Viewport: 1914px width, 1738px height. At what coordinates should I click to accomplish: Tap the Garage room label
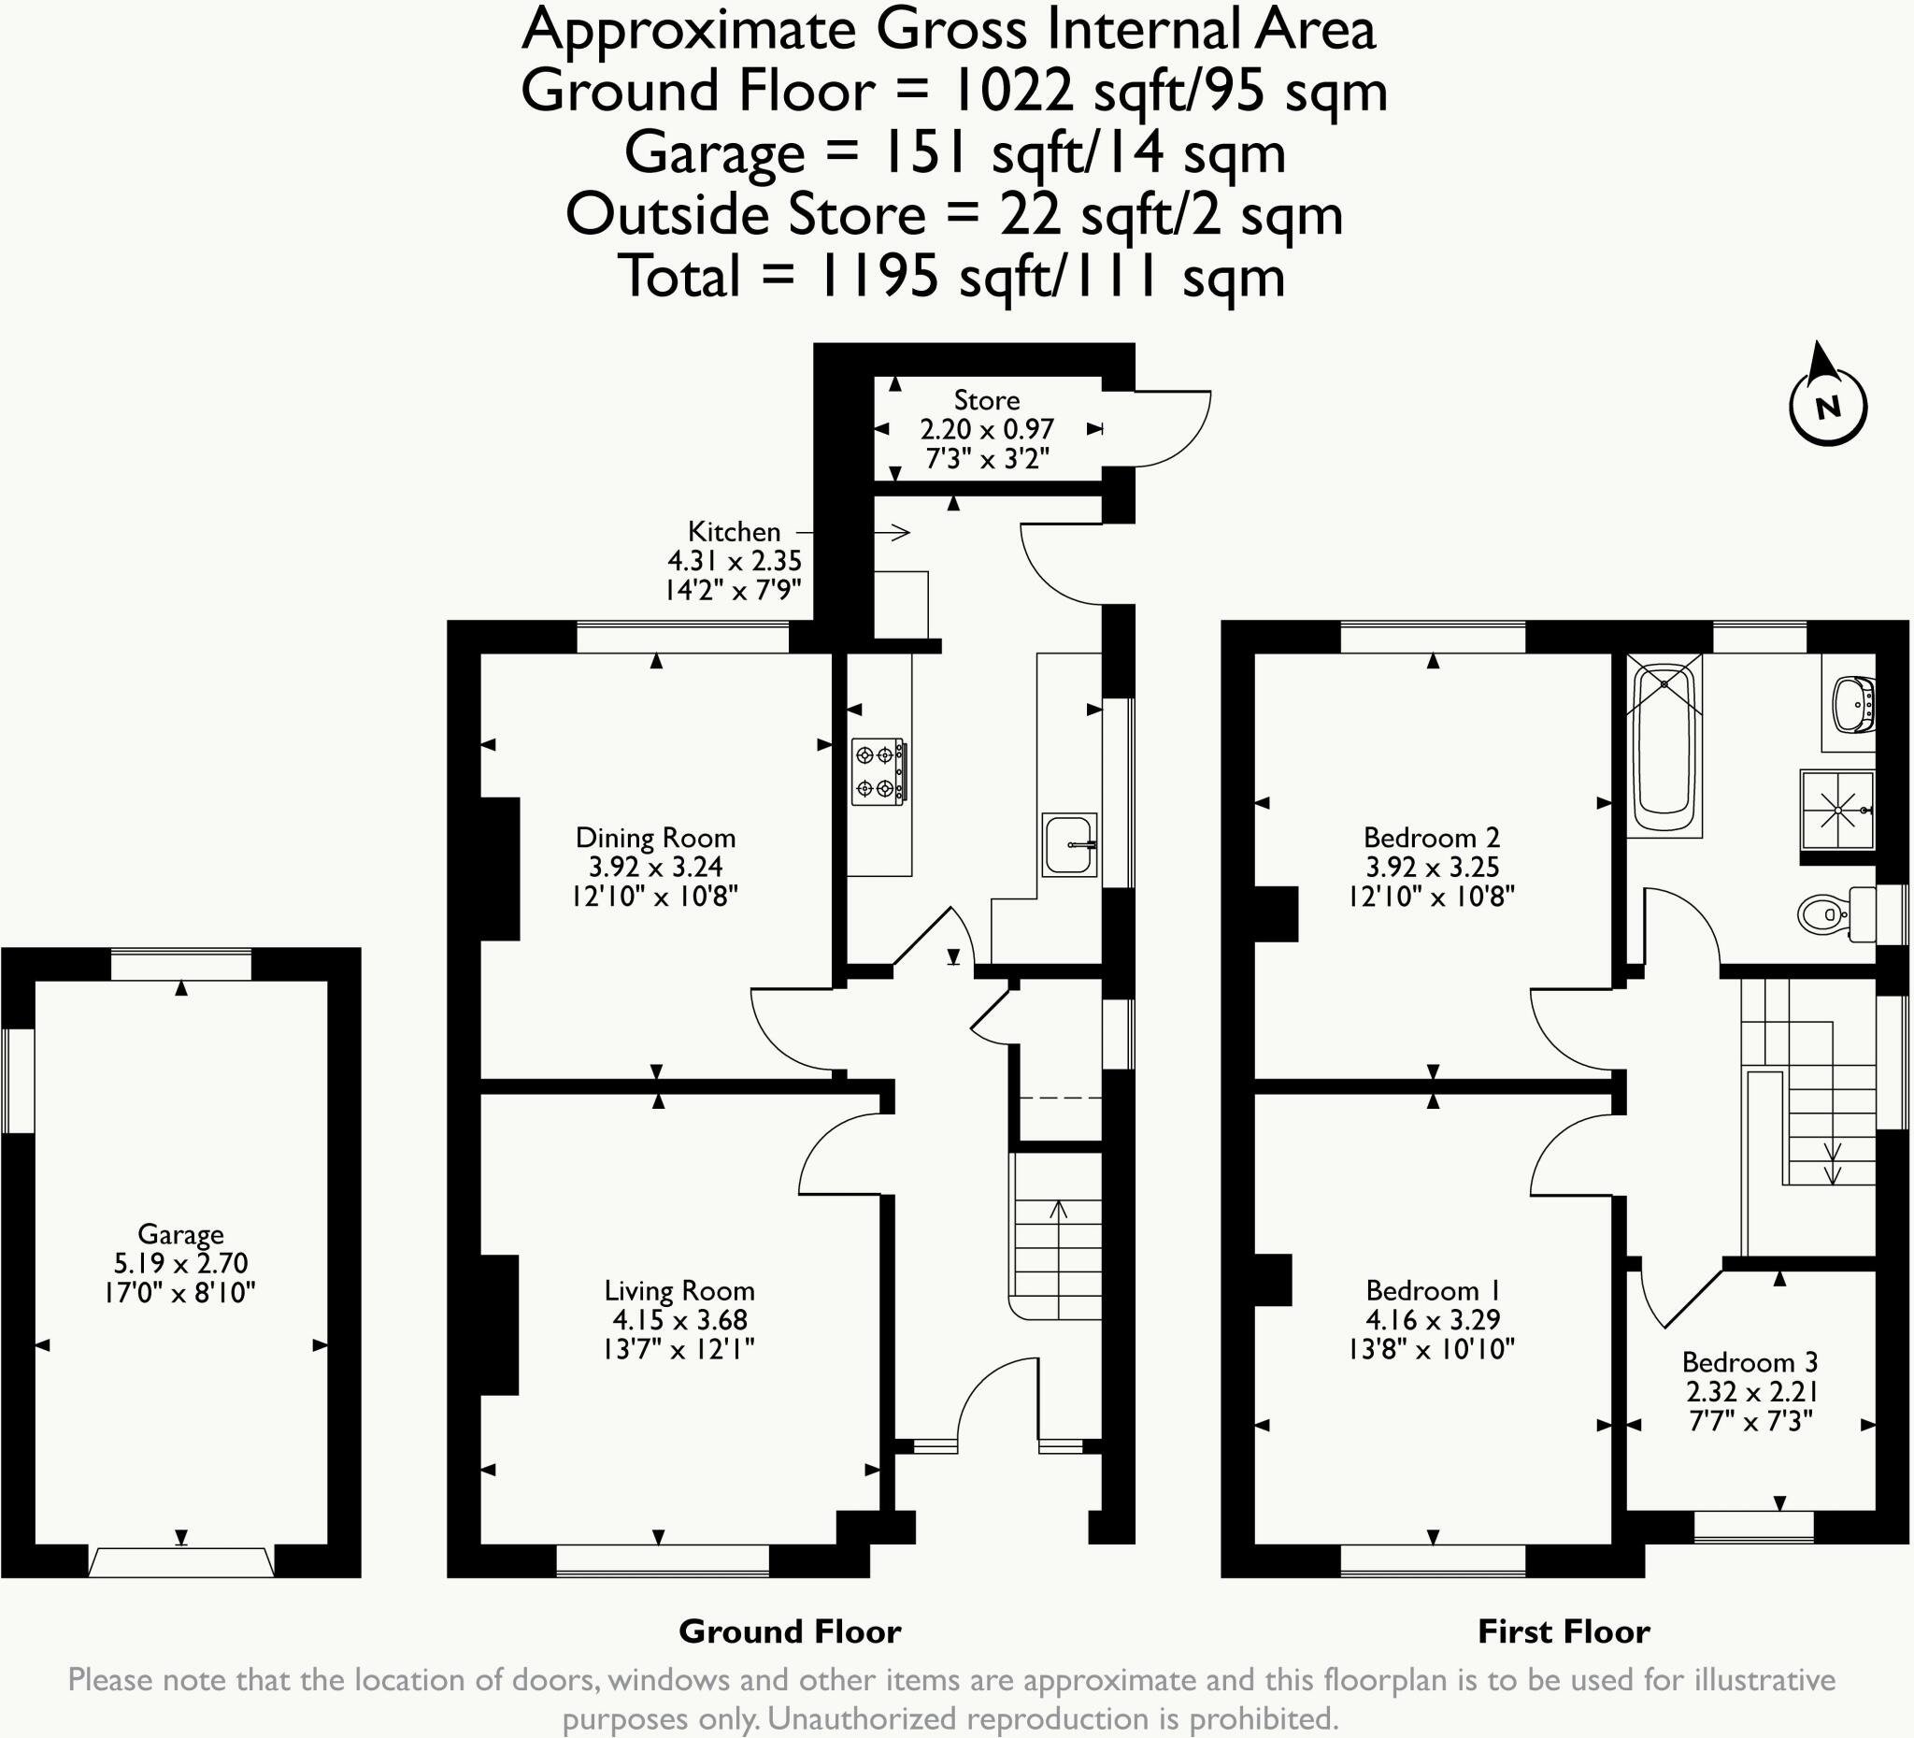coord(180,1234)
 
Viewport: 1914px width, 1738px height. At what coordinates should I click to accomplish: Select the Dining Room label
coord(655,838)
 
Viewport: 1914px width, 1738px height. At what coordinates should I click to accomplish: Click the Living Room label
coord(678,1291)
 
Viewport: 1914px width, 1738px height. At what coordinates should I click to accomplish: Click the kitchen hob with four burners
coord(878,771)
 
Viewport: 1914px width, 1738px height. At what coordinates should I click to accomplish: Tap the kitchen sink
coord(1070,844)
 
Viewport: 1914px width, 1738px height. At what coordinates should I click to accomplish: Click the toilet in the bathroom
coord(1836,914)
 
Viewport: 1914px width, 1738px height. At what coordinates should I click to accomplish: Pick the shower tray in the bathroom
coord(1838,811)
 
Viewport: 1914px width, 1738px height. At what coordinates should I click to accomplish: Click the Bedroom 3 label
coord(1750,1362)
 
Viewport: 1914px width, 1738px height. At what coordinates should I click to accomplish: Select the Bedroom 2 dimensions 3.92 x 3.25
coord(1432,867)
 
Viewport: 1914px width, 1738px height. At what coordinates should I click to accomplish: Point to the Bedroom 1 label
coord(1433,1291)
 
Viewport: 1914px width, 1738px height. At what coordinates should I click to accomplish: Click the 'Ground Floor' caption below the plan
coord(790,1631)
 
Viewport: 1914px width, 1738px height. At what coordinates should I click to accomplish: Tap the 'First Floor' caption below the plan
coord(1564,1631)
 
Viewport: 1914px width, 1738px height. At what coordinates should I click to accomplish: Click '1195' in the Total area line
coord(878,277)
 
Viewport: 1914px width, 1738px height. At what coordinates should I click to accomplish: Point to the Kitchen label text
coord(734,532)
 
